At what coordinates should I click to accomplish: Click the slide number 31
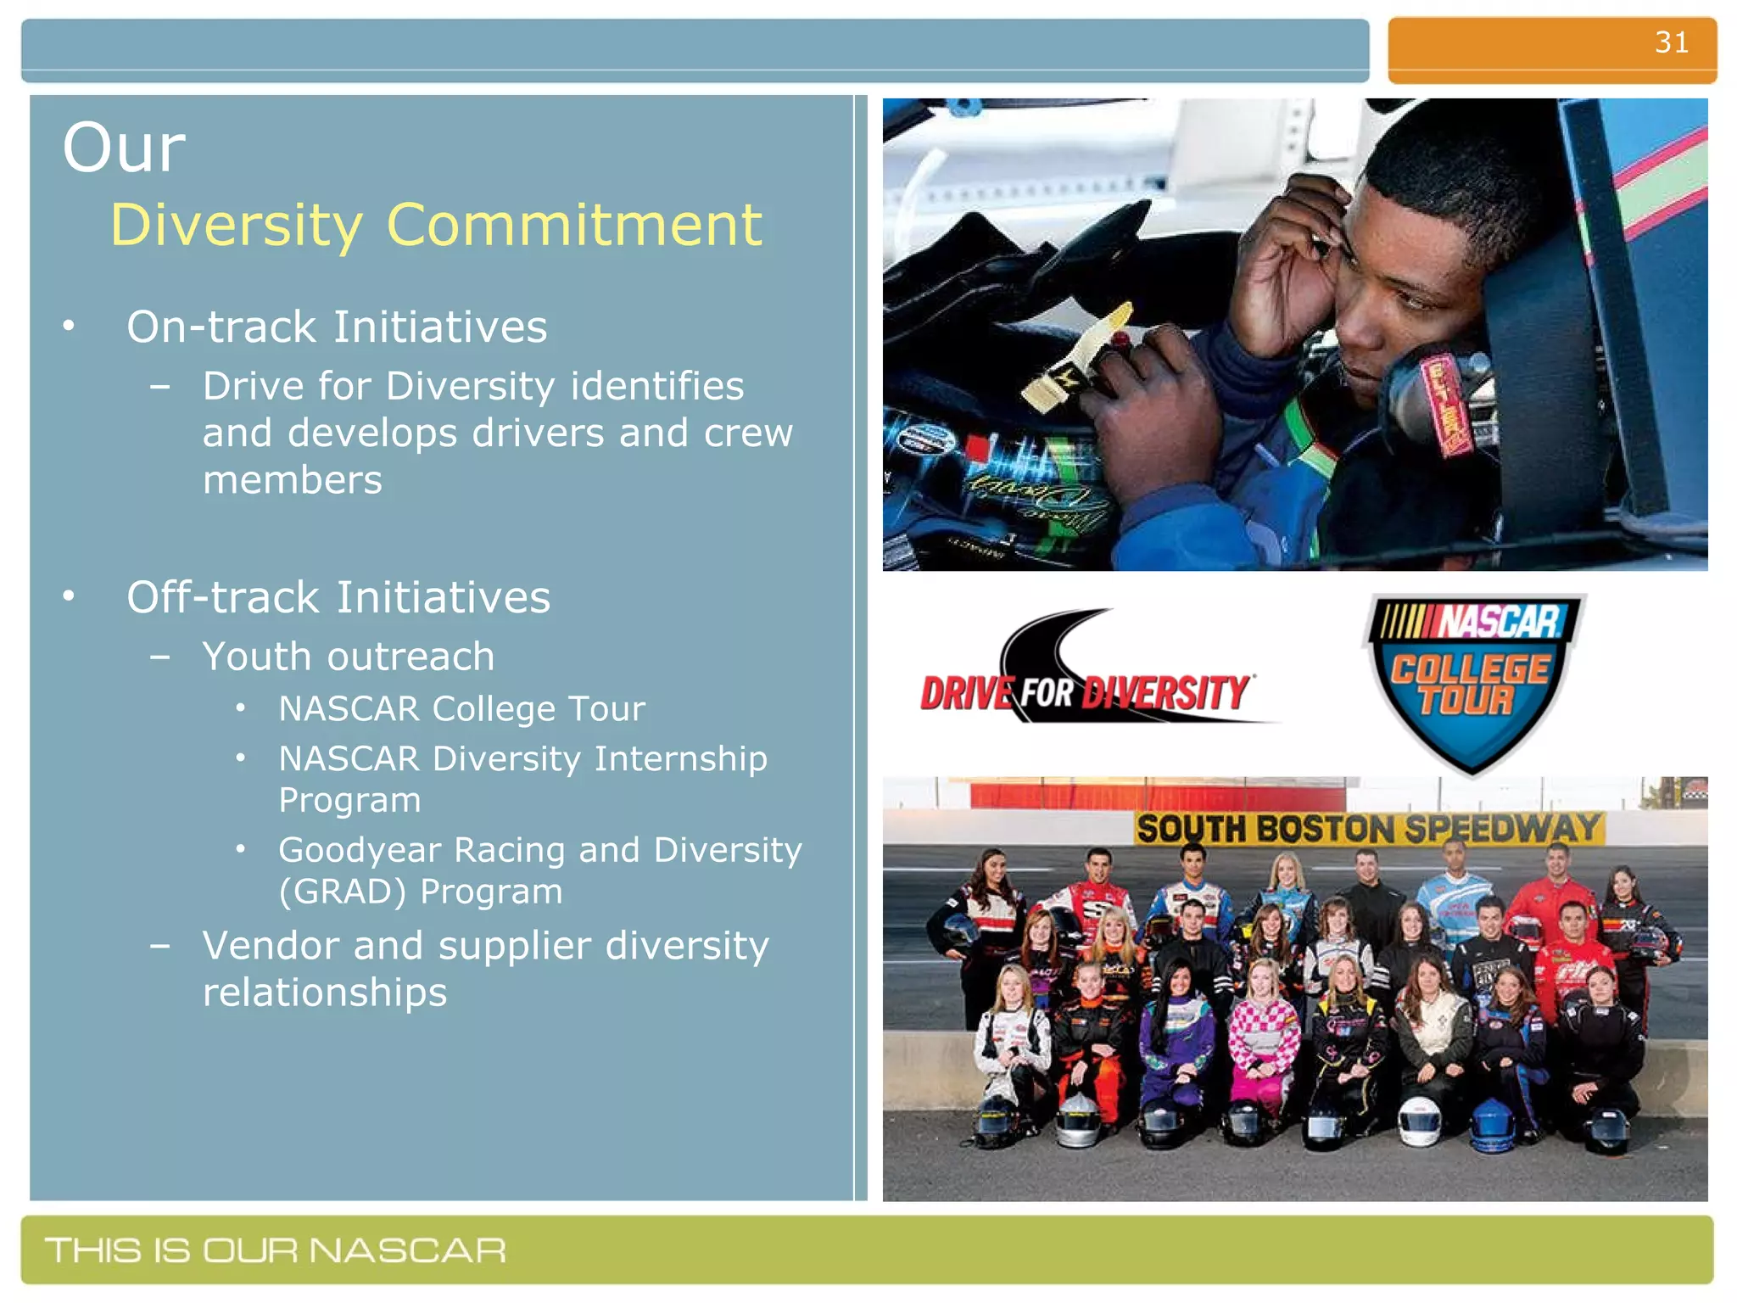[1671, 42]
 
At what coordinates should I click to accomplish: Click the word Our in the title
[124, 148]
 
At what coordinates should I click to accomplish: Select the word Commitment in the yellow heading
[574, 226]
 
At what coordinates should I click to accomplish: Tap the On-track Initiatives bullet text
[337, 327]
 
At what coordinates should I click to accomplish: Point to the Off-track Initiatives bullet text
[338, 598]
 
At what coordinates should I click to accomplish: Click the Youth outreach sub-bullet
[348, 657]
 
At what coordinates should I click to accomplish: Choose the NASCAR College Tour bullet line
[461, 709]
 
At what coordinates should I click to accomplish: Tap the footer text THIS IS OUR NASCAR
[276, 1250]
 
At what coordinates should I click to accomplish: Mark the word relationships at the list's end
[325, 993]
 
